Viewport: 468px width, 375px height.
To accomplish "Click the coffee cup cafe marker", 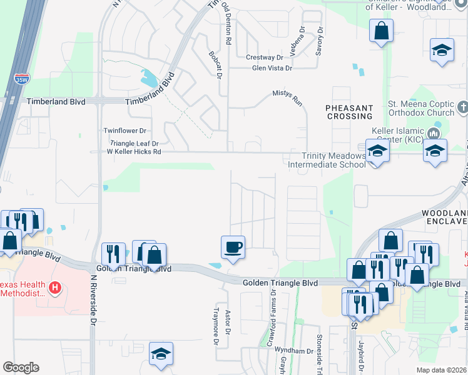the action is coord(233,247).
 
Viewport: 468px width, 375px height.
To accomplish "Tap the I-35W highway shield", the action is coord(20,79).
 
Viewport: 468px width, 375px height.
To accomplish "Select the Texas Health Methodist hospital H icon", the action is coord(56,289).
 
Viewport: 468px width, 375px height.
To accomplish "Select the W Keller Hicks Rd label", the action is coord(134,151).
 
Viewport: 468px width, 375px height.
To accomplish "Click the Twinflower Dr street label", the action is coord(125,131).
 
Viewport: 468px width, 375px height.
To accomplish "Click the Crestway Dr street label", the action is coord(265,57).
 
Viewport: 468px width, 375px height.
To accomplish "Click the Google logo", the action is coord(21,367).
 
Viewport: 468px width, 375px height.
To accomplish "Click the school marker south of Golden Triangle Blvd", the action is coord(161,354).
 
